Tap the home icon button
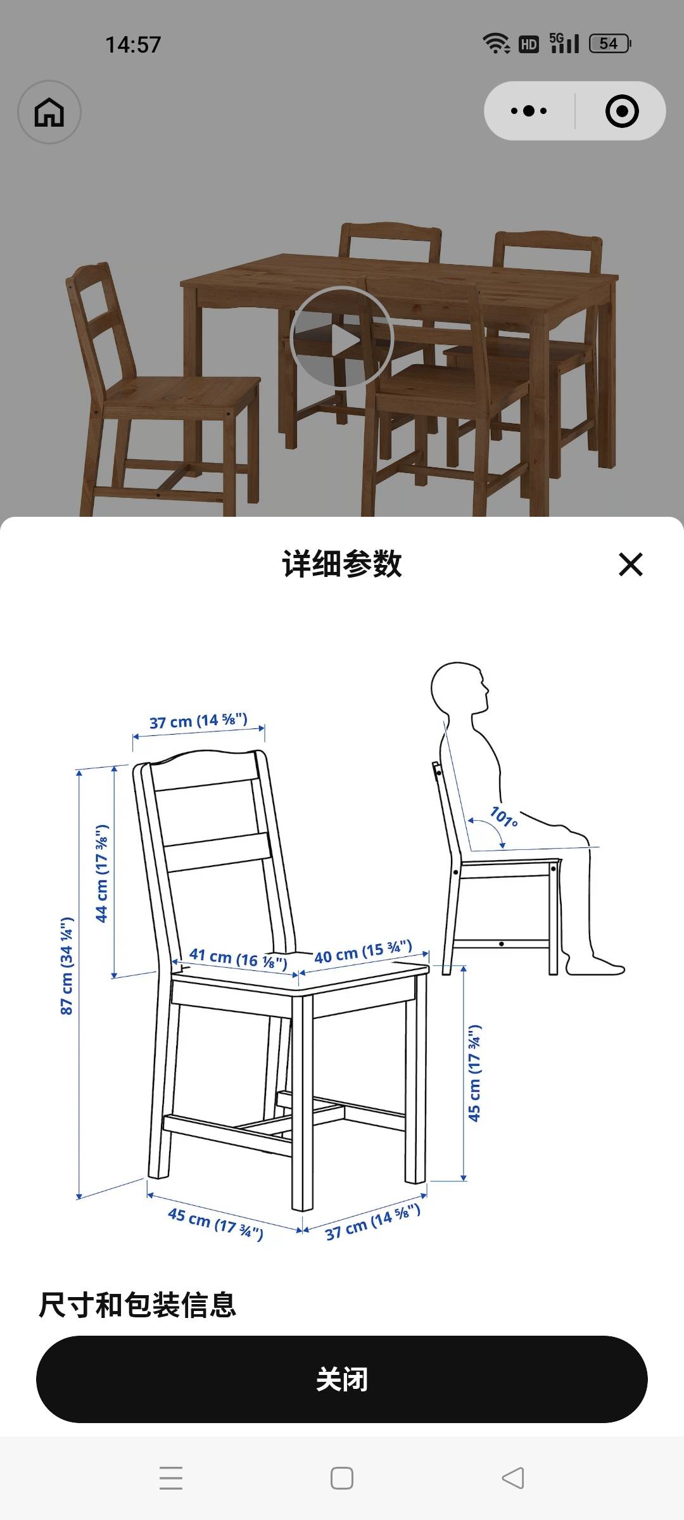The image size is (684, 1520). click(x=49, y=112)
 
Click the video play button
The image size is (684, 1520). click(x=342, y=338)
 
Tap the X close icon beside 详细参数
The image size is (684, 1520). click(x=630, y=564)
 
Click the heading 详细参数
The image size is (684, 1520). click(x=342, y=564)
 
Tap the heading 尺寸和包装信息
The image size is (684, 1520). click(x=137, y=1305)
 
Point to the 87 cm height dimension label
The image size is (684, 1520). click(x=66, y=966)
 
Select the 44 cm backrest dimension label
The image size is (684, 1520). click(x=101, y=873)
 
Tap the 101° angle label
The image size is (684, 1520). click(x=504, y=817)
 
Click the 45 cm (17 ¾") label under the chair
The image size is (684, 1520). click(x=215, y=1224)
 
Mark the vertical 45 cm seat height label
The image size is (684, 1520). click(x=474, y=1073)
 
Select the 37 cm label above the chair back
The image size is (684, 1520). click(x=198, y=721)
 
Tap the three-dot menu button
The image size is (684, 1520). click(x=529, y=111)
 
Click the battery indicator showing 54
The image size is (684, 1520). click(x=610, y=44)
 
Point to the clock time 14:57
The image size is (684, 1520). click(x=133, y=44)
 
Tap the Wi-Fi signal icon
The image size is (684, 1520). click(x=497, y=43)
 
